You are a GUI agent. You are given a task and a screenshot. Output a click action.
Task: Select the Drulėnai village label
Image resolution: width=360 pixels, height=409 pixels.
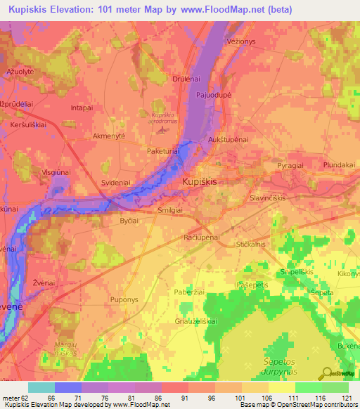[187, 79]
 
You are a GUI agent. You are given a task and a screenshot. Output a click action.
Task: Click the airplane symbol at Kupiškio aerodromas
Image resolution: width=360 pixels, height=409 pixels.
[164, 129]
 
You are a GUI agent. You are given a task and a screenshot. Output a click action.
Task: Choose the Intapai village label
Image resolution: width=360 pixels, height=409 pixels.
[82, 108]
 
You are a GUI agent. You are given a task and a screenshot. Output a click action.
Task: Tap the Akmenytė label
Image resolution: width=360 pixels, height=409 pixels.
[109, 136]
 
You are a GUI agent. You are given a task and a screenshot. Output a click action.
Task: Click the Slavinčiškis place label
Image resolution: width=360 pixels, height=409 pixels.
[276, 198]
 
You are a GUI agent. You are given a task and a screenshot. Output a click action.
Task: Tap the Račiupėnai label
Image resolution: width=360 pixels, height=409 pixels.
[202, 238]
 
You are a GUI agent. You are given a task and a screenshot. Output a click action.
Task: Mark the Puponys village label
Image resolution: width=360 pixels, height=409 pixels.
[124, 299]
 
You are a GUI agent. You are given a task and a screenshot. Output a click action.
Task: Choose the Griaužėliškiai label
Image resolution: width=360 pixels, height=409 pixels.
[196, 320]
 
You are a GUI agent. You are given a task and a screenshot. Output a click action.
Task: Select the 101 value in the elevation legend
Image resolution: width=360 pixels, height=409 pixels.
[240, 398]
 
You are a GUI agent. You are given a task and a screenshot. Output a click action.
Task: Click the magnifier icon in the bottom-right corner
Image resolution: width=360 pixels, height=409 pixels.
[326, 373]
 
